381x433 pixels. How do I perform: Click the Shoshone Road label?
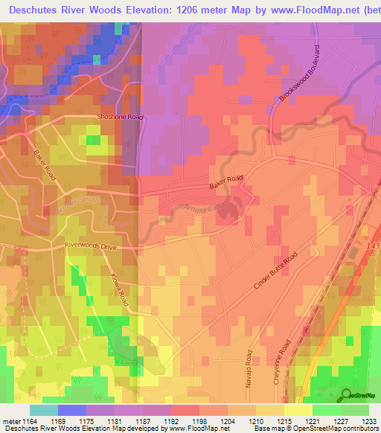[119, 117]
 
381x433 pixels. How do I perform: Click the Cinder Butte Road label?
[275, 270]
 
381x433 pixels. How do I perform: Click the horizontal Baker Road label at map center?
[227, 180]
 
